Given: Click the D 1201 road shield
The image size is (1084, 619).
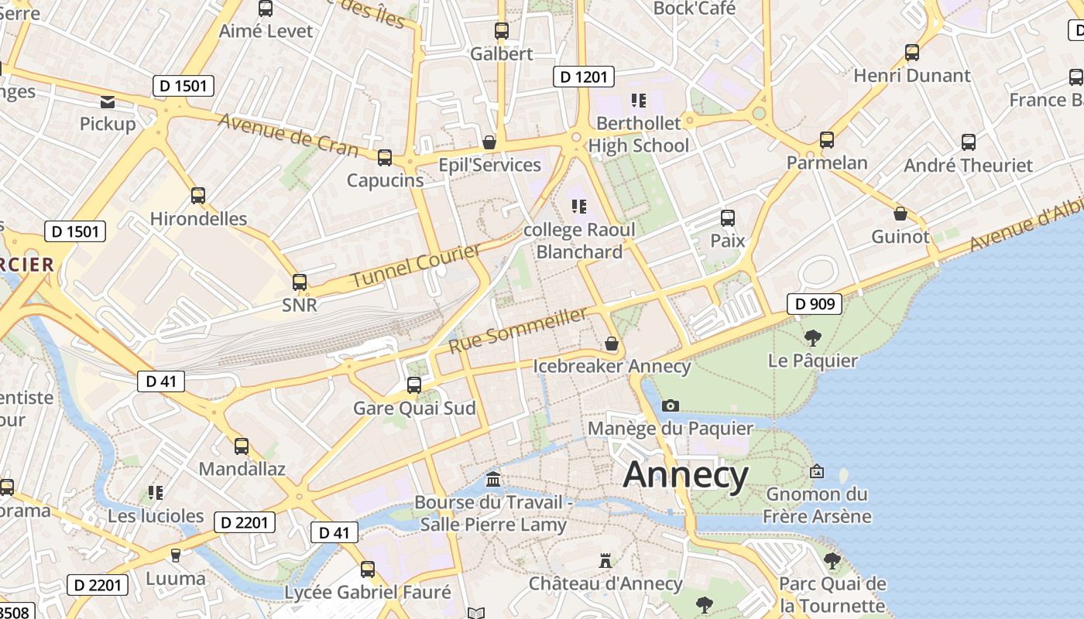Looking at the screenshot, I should point(584,77).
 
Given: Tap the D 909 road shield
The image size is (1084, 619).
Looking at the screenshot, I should point(815,304).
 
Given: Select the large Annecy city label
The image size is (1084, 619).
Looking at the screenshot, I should point(685,474).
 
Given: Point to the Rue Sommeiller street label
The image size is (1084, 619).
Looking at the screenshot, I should point(518,330).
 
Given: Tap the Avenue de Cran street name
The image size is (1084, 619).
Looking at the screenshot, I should point(287,135).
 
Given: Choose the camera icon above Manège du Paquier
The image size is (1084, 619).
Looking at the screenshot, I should point(671,405).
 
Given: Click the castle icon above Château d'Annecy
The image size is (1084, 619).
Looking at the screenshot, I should point(605,560).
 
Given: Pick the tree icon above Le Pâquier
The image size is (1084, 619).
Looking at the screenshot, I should point(812,337).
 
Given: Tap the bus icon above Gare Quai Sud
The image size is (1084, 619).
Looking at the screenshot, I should point(414,385).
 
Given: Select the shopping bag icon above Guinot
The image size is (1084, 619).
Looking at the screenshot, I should point(900,214).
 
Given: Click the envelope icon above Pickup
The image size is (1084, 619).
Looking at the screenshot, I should point(108,101).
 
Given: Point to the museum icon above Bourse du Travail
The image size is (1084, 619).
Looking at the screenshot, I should point(493,480).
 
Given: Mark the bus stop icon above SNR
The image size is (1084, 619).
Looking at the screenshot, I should point(300,282).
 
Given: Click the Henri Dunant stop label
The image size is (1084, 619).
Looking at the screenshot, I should point(911,76).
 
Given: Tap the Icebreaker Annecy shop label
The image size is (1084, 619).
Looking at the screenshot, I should point(612,366).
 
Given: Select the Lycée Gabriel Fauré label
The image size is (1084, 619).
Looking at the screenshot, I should point(368,593).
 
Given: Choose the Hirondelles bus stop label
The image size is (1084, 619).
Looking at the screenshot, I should point(198,218).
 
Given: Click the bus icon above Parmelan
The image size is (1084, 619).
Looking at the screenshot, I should point(827,140).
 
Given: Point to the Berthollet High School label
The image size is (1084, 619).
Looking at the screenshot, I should point(638,134).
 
